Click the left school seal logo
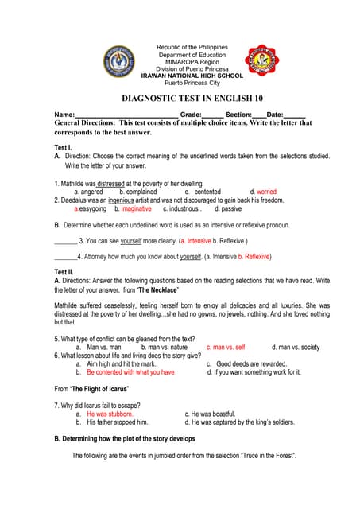pos(120,61)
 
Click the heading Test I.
pos(63,149)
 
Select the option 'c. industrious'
pos(180,208)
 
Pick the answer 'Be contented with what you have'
pos(130,371)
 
